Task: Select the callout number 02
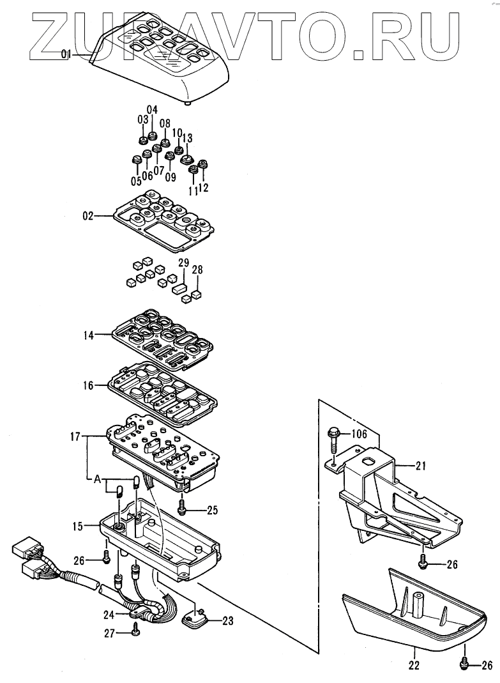pyautogui.click(x=87, y=217)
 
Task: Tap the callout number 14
pyautogui.click(x=88, y=335)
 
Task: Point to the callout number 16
pyautogui.click(x=88, y=385)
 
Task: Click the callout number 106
pyautogui.click(x=360, y=434)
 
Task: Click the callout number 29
pyautogui.click(x=183, y=263)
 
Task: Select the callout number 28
pyautogui.click(x=197, y=270)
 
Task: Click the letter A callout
pyautogui.click(x=97, y=479)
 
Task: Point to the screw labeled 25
pyautogui.click(x=183, y=508)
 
